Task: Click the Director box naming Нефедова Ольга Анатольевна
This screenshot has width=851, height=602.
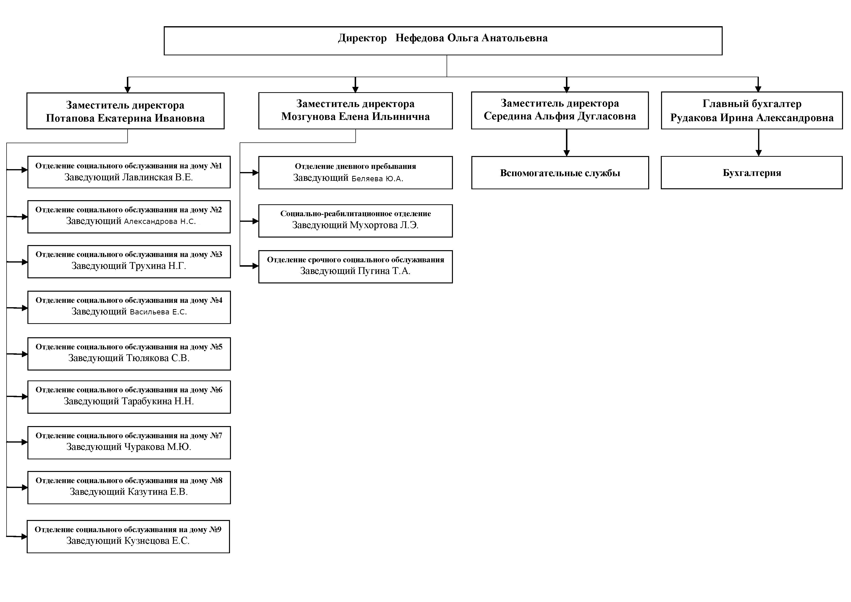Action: coord(443,41)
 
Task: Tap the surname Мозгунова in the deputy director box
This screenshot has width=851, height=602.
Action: coord(308,117)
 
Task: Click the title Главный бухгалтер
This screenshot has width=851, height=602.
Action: coord(752,104)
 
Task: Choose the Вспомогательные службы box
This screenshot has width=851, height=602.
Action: coord(560,173)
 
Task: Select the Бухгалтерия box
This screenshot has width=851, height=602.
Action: coord(752,173)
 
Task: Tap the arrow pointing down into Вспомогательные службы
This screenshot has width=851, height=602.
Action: coord(566,143)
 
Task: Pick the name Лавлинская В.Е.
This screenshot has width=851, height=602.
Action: coord(157,177)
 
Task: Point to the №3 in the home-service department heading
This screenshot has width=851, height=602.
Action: coord(216,254)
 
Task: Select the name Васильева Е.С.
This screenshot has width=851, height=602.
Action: coord(158,312)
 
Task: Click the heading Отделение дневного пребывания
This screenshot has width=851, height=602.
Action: coord(355,166)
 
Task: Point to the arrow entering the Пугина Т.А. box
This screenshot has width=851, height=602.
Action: coord(249,266)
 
